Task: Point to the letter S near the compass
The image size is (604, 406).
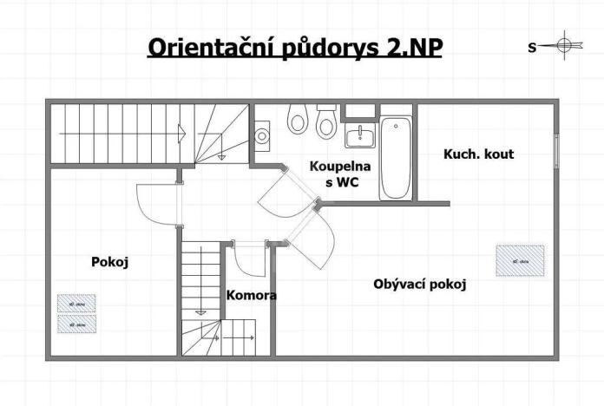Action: tap(532, 48)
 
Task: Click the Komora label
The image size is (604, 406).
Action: tap(251, 295)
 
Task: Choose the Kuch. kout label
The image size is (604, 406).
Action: tap(478, 154)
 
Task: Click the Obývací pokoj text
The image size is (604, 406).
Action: tap(420, 284)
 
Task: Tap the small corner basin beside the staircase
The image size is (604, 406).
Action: tap(262, 135)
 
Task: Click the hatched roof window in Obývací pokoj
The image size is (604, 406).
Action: tap(520, 260)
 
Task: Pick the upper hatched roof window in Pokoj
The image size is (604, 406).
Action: tap(76, 303)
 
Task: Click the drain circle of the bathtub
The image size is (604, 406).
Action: tap(397, 126)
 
